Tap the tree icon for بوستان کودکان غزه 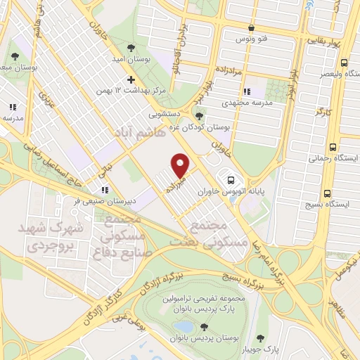(200, 117)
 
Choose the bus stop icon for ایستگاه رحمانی (331, 148)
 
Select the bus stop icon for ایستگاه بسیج (327, 175)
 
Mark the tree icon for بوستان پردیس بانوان (204, 327)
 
